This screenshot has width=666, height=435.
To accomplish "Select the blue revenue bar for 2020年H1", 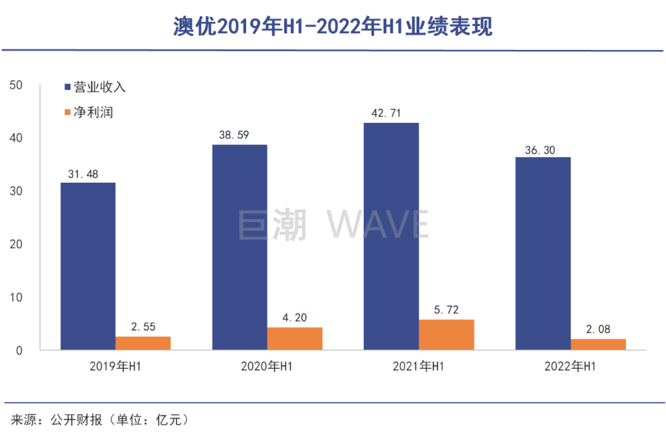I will tap(239, 247).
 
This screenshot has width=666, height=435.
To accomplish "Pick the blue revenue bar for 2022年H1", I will tap(543, 254).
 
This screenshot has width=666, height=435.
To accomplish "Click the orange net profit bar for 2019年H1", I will tap(143, 343).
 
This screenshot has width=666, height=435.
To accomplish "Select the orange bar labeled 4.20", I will tap(295, 339).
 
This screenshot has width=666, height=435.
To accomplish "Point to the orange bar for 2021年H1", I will tap(446, 335).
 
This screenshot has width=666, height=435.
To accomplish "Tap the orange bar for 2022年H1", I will tap(598, 344).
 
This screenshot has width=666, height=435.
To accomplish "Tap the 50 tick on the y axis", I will tap(17, 85).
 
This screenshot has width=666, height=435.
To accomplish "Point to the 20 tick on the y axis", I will tap(17, 244).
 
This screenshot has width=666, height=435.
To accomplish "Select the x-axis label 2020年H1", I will tap(267, 367).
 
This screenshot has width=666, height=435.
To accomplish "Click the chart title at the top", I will tap(332, 26).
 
